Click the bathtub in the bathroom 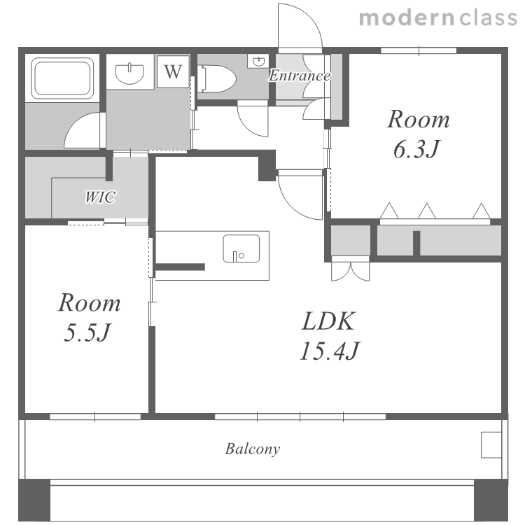tap(62, 78)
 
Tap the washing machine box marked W tap(173, 71)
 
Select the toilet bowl tap(217, 79)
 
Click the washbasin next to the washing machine tap(129, 73)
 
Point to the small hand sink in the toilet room tap(258, 62)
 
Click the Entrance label tap(300, 76)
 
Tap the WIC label tap(100, 197)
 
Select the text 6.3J tap(416, 149)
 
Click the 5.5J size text tap(87, 332)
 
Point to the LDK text tap(328, 321)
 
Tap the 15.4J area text tap(330, 351)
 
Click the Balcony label tap(253, 449)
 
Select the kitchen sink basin tap(241, 248)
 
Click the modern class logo tap(438, 17)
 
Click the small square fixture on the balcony tap(491, 444)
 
